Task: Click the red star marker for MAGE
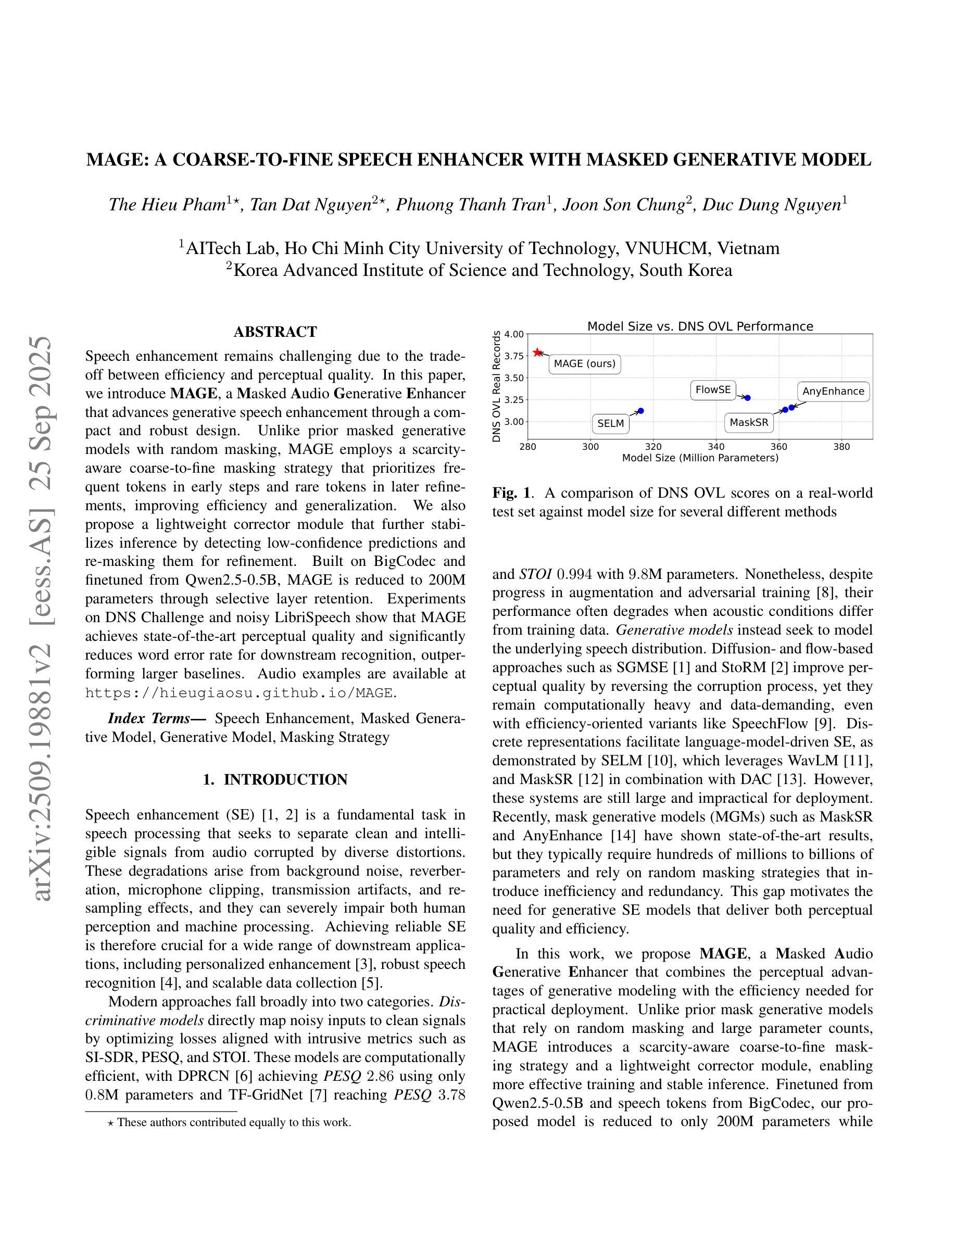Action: click(x=537, y=353)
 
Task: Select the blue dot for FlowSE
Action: click(x=748, y=398)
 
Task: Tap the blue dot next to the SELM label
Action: click(x=640, y=411)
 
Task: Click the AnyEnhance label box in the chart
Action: click(x=833, y=392)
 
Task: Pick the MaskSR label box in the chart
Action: click(x=749, y=423)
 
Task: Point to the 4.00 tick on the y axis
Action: click(x=514, y=334)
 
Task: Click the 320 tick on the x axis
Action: click(x=653, y=447)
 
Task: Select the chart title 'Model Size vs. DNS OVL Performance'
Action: click(x=700, y=326)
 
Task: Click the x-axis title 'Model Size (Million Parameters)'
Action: click(x=700, y=458)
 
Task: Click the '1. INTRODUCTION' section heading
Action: click(x=275, y=779)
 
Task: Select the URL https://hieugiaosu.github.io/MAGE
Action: click(x=239, y=693)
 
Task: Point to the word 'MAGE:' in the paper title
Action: click(x=117, y=160)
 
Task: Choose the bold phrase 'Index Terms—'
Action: click(x=157, y=718)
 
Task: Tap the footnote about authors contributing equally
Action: click(x=230, y=1122)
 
